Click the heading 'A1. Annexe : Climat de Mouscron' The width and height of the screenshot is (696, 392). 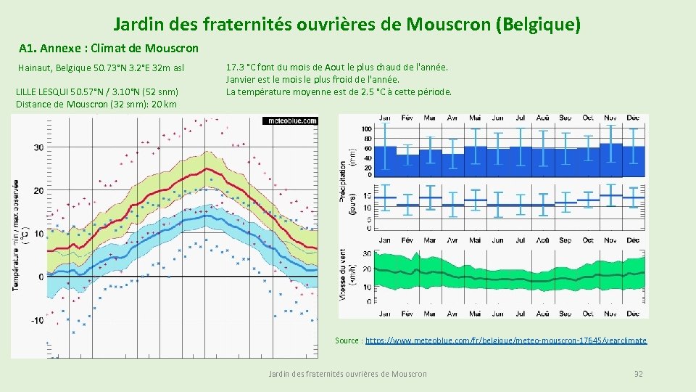pos(109,49)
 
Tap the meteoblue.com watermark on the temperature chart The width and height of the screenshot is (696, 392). pos(289,121)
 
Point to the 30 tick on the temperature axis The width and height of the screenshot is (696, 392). pos(38,147)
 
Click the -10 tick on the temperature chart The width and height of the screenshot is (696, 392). pos(36,320)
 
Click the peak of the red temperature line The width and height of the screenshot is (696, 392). pos(208,169)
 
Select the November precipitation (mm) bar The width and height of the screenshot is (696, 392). pos(610,150)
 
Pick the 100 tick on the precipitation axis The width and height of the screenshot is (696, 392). pos(365,128)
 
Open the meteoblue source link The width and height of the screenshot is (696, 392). pos(506,340)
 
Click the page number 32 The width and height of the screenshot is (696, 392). pos(638,373)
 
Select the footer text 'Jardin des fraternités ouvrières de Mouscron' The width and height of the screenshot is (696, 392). pos(347,373)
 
